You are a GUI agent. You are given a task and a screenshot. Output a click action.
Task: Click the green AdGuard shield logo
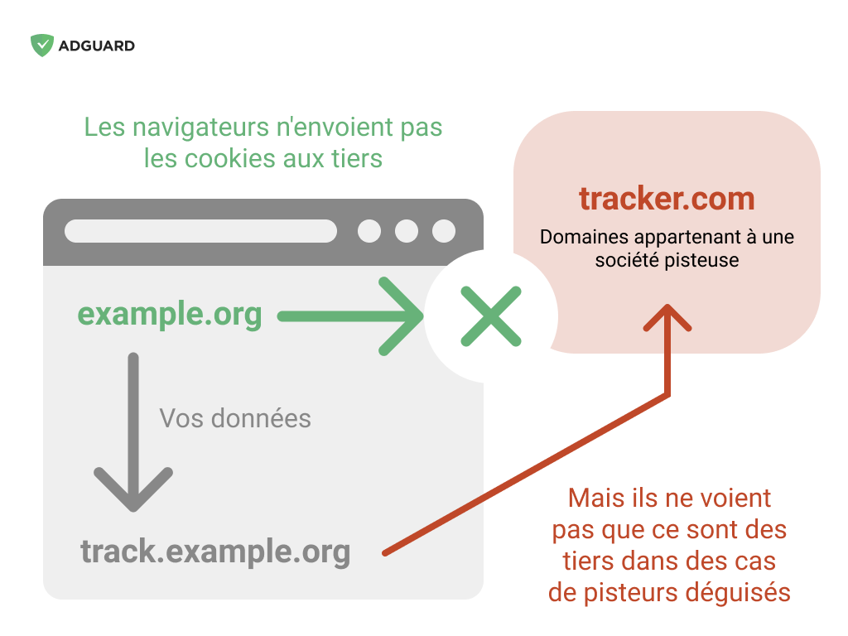[x=41, y=46]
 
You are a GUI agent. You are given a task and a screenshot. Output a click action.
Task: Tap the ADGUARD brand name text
[x=97, y=46]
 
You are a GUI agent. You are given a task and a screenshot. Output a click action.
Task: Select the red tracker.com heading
[x=667, y=199]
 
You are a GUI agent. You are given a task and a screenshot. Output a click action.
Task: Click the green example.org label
[x=170, y=314]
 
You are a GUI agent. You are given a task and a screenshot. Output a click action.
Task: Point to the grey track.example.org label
[x=215, y=552]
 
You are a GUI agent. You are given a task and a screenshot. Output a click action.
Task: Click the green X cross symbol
[x=491, y=316]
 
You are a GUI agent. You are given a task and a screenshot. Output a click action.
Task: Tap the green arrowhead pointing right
[x=402, y=316]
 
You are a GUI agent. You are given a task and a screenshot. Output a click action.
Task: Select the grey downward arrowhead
[x=133, y=489]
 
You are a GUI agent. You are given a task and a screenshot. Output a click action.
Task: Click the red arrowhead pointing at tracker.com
[x=667, y=317]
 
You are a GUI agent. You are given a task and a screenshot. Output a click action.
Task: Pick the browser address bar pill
[x=200, y=231]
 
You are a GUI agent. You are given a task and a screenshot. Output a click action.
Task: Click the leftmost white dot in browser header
[x=369, y=231]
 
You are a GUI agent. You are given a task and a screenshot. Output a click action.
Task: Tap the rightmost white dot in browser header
[x=444, y=231]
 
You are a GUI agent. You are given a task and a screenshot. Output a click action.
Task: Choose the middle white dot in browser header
[x=407, y=231]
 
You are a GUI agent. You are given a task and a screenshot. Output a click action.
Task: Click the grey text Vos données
[x=235, y=418]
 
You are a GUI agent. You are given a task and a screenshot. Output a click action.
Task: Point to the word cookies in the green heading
[x=230, y=159]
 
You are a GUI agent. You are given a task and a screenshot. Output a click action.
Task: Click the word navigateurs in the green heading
[x=200, y=128]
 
